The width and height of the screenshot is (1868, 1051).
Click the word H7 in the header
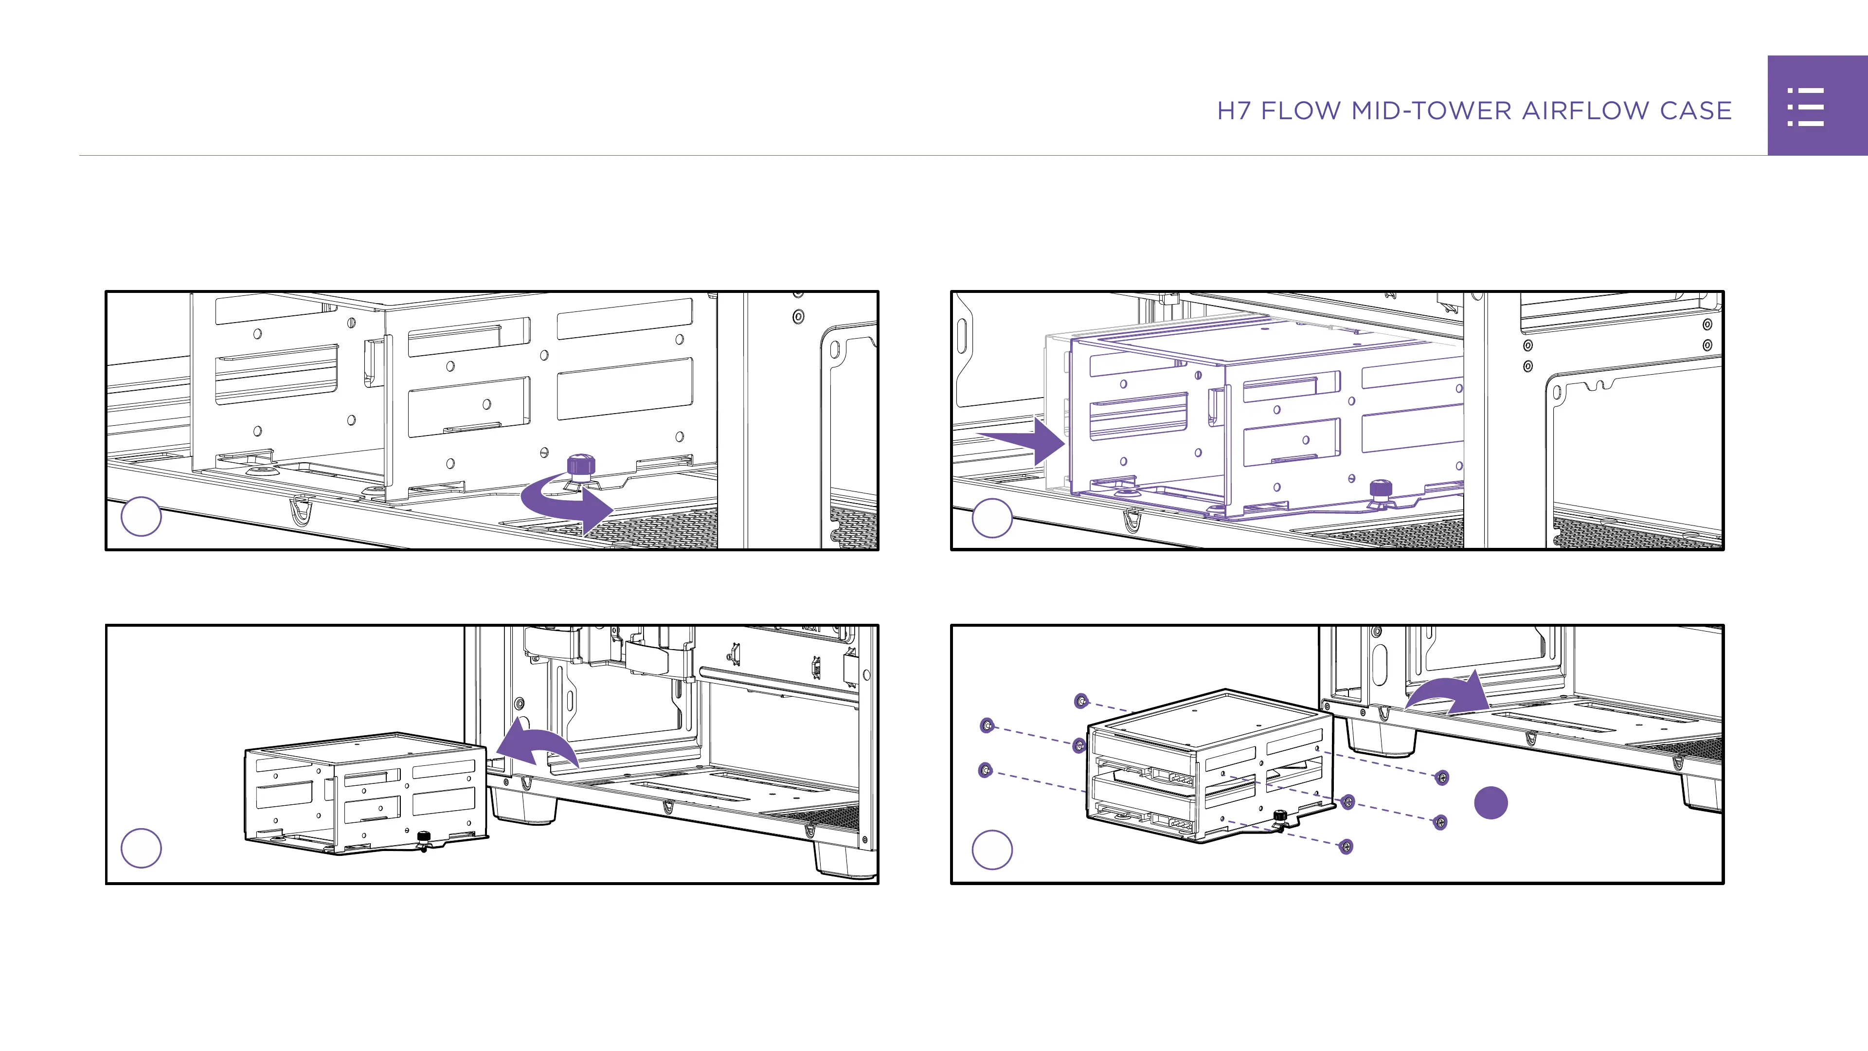point(1234,111)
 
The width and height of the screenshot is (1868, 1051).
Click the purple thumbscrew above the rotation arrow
point(580,465)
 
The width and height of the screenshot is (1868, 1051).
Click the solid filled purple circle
point(1491,803)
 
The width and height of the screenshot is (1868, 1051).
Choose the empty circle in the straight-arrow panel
point(991,518)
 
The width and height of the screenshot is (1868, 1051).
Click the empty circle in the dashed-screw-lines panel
point(991,850)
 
